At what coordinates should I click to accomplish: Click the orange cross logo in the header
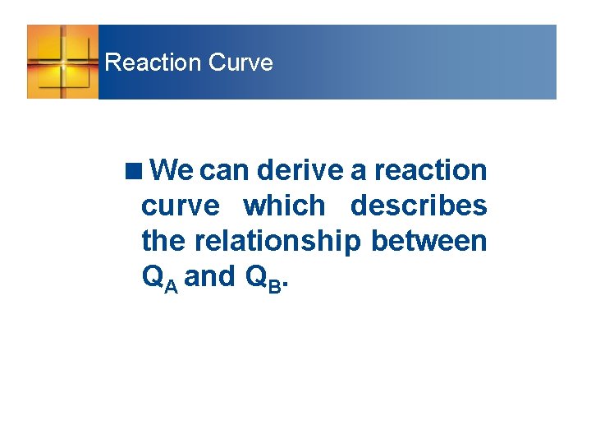[62, 62]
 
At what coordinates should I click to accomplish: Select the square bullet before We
[133, 171]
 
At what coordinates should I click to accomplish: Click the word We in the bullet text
[172, 170]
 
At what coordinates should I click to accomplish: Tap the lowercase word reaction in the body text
[430, 170]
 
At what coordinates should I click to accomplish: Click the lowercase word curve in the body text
[181, 206]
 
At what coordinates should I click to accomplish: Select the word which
[285, 206]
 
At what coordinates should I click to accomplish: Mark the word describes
[419, 206]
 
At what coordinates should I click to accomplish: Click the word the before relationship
[164, 241]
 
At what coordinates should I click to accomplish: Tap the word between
[429, 241]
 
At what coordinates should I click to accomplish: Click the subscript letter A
[170, 284]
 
